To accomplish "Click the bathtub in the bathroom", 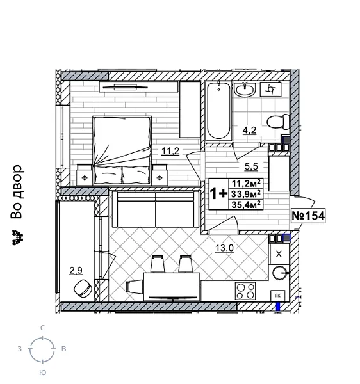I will pos(218,112).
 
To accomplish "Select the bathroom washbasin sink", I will pos(245,91).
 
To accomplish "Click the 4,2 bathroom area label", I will pos(249,131).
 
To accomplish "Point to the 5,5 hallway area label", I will pos(251,166).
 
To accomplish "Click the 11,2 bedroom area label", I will pos(170,151).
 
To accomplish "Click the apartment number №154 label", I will pos(308,216).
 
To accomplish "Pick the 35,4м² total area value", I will pos(246,205).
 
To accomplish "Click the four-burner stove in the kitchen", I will pos(245,291).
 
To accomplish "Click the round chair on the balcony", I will pos(81,288).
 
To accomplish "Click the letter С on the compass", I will pos(42,328).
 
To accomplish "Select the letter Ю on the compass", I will pos(42,372).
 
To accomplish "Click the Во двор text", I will pos(17,192).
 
